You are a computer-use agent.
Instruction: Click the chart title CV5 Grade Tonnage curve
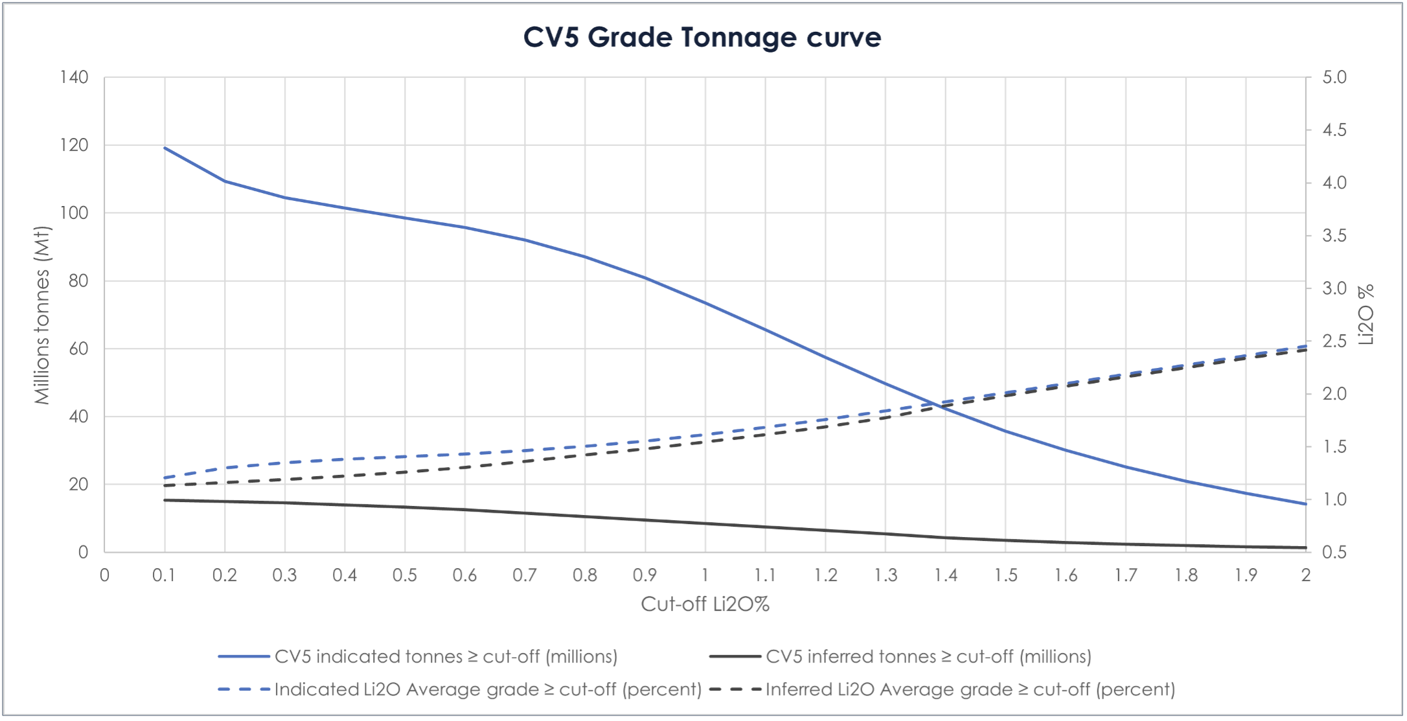pyautogui.click(x=702, y=38)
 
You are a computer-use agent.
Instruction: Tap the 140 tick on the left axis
pyautogui.click(x=74, y=77)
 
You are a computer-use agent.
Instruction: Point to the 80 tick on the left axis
pyautogui.click(x=78, y=280)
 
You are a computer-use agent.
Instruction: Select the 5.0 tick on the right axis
pyautogui.click(x=1334, y=77)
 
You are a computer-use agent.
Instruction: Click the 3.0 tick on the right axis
pyautogui.click(x=1334, y=288)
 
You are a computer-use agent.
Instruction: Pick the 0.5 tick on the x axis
pyautogui.click(x=405, y=575)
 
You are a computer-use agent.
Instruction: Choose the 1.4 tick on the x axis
pyautogui.click(x=946, y=575)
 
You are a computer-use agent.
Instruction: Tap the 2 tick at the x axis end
pyautogui.click(x=1306, y=575)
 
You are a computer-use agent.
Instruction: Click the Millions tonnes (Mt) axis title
pyautogui.click(x=42, y=315)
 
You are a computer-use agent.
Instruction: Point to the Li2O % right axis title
pyautogui.click(x=1366, y=315)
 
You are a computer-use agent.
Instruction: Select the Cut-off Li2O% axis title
pyautogui.click(x=705, y=604)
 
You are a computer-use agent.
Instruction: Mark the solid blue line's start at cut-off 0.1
pyautogui.click(x=165, y=148)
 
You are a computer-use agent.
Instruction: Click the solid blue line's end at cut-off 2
pyautogui.click(x=1306, y=504)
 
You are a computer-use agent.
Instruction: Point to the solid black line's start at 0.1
pyautogui.click(x=165, y=500)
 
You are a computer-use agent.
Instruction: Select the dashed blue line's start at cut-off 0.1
pyautogui.click(x=165, y=478)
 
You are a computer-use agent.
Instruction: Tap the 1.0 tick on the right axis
pyautogui.click(x=1334, y=499)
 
